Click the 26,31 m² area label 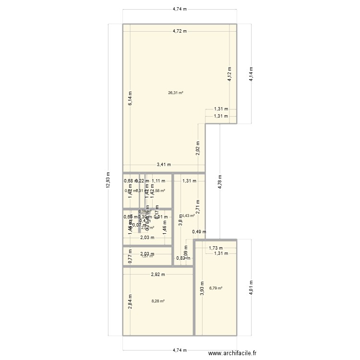pyautogui.click(x=176, y=93)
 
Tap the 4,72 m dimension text pyautogui.click(x=180, y=31)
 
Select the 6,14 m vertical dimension pyautogui.click(x=130, y=98)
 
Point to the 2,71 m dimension pyautogui.click(x=198, y=207)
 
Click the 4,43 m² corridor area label pyautogui.click(x=188, y=216)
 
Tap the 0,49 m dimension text pyautogui.click(x=199, y=232)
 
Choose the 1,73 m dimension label pyautogui.click(x=216, y=248)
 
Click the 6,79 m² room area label pyautogui.click(x=216, y=288)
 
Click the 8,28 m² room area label pyautogui.click(x=158, y=301)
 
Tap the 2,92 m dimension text pyautogui.click(x=157, y=275)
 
